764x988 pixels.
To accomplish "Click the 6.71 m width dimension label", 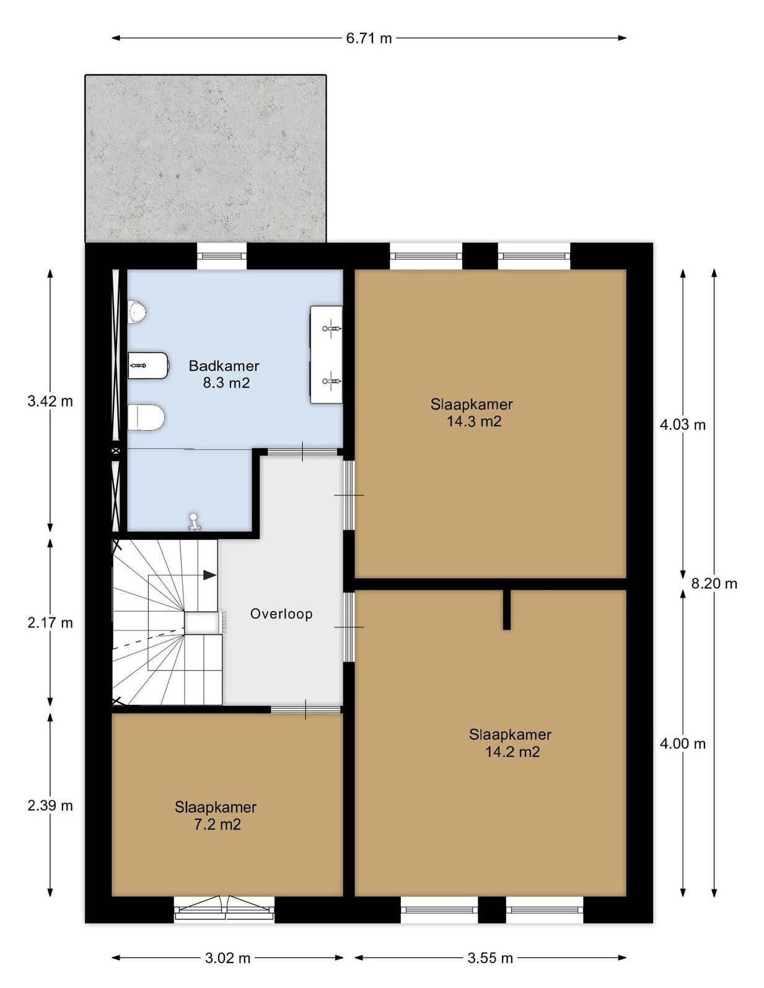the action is coord(368,38).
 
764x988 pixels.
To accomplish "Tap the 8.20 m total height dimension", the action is coord(714,583).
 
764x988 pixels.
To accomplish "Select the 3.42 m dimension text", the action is coord(50,402).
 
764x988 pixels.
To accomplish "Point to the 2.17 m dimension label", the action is coord(50,622).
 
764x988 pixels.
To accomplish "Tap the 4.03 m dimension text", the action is coord(683,425).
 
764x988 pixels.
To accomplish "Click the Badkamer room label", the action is coord(224,366).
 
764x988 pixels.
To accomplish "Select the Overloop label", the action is coord(281,614).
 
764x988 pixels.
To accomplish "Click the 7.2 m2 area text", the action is coord(217,824).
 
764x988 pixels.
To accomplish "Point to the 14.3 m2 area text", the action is coord(474,421).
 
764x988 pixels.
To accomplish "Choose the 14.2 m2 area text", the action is coord(512,752).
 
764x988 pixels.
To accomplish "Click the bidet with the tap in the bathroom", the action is coord(148,365).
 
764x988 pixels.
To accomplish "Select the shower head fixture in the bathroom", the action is coord(194,522).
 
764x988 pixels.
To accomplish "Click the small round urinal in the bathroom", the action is coord(138,311).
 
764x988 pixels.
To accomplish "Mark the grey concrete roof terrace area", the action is coord(206,158).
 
